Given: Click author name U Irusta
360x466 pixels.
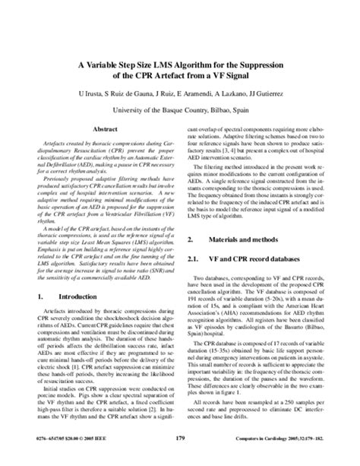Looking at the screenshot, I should pyautogui.click(x=91, y=94).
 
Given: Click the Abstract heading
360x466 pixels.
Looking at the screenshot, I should pyautogui.click(x=104, y=131).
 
